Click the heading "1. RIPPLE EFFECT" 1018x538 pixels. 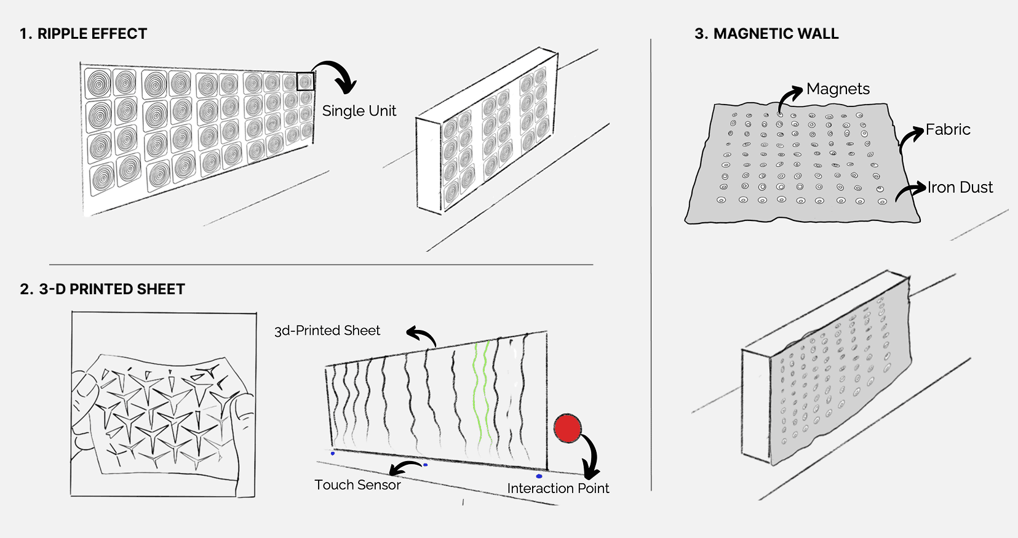point(83,34)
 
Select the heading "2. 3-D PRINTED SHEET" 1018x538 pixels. point(102,289)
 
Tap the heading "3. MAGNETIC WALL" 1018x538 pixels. point(766,34)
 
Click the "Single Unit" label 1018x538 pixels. point(359,111)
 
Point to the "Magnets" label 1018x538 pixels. point(838,89)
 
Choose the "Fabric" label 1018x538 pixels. point(948,130)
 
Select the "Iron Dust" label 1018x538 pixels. point(960,188)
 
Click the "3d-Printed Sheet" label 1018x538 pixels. point(327,331)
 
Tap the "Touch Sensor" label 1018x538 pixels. point(357,485)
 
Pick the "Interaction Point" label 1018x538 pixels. point(558,488)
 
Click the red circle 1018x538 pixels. point(567,428)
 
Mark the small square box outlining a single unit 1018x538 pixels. point(305,81)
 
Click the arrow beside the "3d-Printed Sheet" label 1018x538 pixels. point(422,335)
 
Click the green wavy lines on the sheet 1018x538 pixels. point(481,394)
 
